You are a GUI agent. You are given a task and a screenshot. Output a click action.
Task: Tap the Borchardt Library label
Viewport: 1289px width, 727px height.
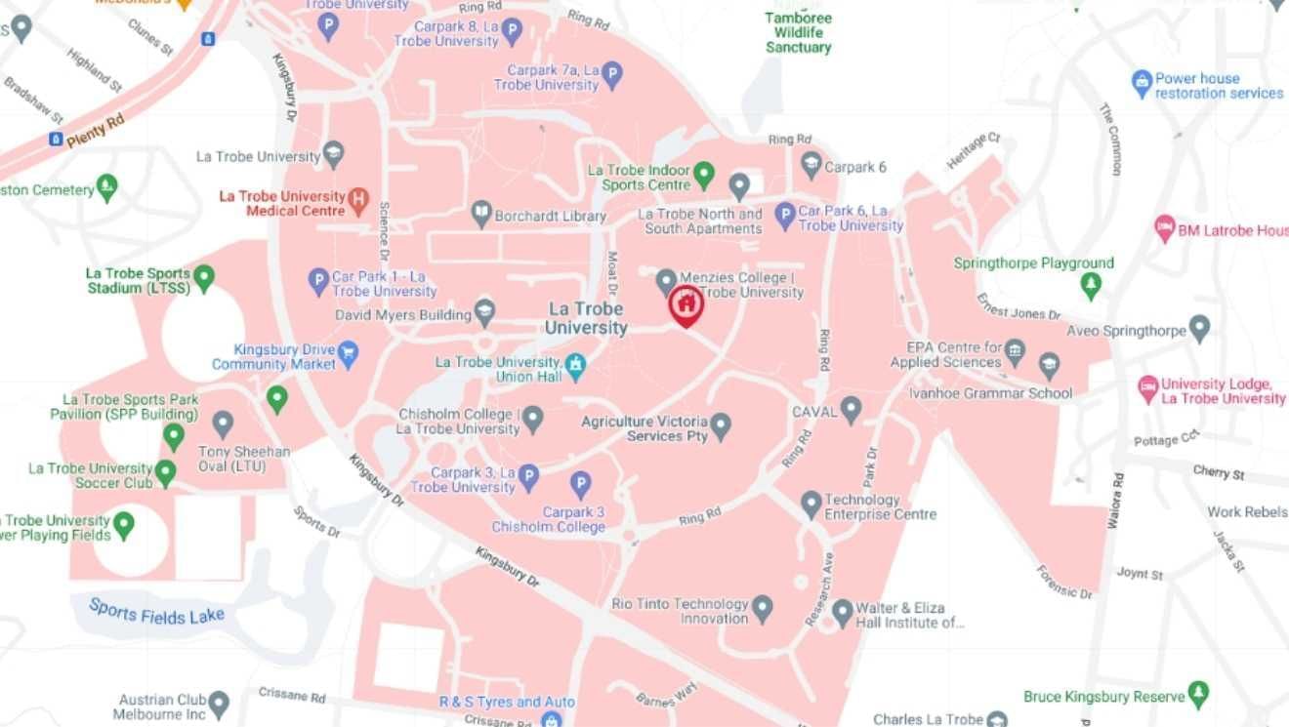click(550, 217)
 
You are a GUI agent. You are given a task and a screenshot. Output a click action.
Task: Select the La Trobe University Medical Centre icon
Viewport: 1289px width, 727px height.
click(358, 202)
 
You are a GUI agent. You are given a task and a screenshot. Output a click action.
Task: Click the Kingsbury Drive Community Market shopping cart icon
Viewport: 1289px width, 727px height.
click(349, 352)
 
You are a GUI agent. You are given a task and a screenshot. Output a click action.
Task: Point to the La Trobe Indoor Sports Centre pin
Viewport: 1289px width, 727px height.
click(703, 177)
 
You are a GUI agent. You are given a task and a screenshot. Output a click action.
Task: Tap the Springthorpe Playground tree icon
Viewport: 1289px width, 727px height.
click(1091, 285)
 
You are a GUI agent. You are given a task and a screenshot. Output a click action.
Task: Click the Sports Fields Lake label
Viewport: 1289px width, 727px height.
click(156, 612)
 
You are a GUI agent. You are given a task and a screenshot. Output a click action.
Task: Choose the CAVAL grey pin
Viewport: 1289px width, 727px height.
click(851, 410)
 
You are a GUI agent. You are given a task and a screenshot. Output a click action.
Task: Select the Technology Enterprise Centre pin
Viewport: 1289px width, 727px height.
click(811, 505)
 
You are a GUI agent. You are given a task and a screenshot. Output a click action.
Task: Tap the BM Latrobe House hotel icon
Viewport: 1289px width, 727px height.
click(1164, 229)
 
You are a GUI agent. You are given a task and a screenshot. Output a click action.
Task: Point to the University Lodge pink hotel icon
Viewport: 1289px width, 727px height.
click(1148, 388)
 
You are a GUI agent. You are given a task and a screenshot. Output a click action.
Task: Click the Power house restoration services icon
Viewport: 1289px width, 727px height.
click(1142, 84)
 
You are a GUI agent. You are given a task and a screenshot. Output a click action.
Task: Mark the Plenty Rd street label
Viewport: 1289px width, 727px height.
click(95, 131)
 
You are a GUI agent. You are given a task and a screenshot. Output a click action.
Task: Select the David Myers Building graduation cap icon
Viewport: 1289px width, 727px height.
click(484, 312)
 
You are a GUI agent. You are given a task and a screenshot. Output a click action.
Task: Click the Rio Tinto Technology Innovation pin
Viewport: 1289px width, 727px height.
click(762, 608)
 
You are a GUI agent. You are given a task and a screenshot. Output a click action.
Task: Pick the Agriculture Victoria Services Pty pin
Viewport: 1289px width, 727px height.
click(721, 426)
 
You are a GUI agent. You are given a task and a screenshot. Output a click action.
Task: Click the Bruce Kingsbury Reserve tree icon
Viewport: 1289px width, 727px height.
click(1198, 695)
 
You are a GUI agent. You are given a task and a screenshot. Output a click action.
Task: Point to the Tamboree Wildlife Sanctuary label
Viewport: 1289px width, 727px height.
click(798, 32)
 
